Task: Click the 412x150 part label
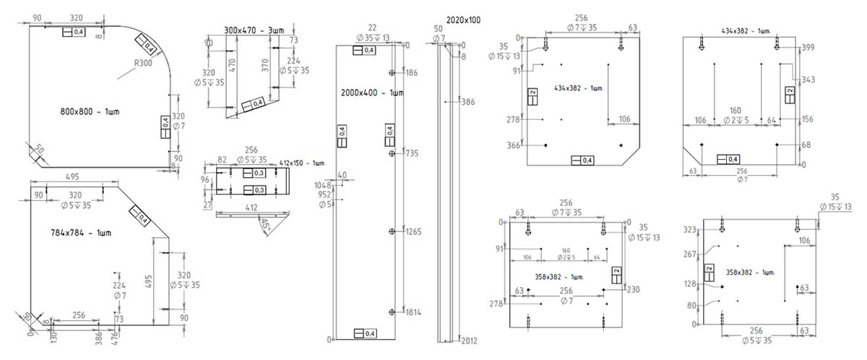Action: click(302, 162)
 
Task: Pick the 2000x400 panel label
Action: click(372, 93)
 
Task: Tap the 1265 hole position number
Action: click(414, 232)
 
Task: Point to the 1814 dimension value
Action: click(413, 312)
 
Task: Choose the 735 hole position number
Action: click(413, 154)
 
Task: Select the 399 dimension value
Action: click(808, 48)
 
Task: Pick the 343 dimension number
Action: click(808, 79)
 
